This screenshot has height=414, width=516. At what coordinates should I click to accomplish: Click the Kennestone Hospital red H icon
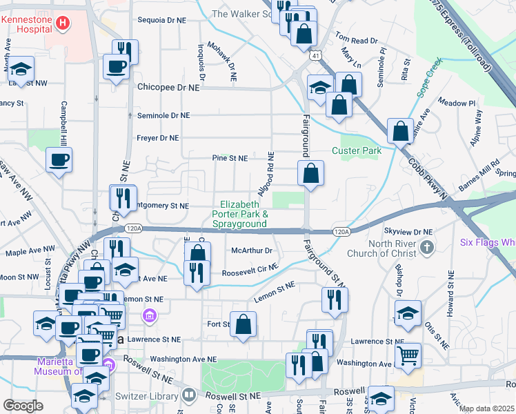(63, 23)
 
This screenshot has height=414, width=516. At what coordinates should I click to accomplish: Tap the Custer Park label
(357, 150)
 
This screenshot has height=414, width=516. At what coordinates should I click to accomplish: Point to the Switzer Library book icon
(190, 395)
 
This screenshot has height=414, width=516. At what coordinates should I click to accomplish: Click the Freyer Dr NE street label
(158, 137)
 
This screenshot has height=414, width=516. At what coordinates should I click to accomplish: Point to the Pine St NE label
(230, 158)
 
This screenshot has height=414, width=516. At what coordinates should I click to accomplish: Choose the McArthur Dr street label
(252, 250)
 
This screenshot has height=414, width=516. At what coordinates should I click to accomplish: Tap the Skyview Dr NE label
(408, 232)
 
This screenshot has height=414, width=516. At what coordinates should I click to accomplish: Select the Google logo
(23, 405)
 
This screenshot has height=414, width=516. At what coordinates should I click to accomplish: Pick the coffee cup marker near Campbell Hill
(58, 159)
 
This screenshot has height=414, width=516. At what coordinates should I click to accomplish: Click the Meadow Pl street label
(462, 103)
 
